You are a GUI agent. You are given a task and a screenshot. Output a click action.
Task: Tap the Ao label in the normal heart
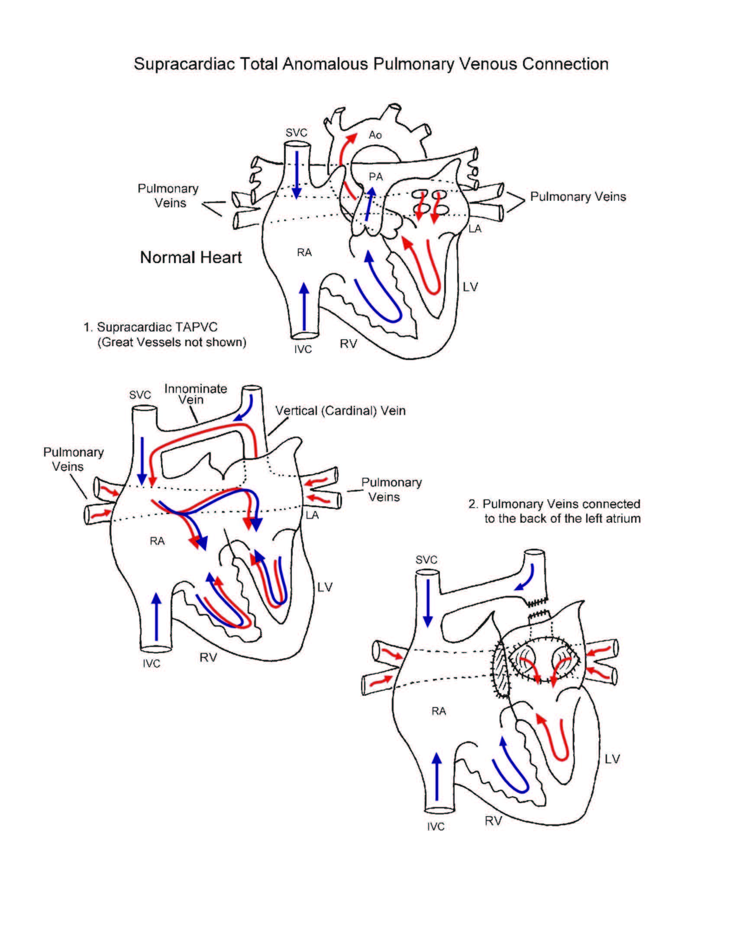pyautogui.click(x=375, y=135)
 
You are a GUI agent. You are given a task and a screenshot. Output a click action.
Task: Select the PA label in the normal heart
pyautogui.click(x=375, y=177)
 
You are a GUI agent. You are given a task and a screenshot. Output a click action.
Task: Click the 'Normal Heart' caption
pyautogui.click(x=190, y=257)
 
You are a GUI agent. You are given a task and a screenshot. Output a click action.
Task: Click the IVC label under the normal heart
pyautogui.click(x=303, y=349)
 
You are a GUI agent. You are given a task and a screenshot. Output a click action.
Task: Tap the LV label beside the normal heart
pyautogui.click(x=470, y=287)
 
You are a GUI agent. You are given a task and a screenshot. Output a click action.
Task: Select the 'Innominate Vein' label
pyautogui.click(x=195, y=394)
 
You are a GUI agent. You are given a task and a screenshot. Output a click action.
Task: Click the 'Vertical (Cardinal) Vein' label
pyautogui.click(x=340, y=411)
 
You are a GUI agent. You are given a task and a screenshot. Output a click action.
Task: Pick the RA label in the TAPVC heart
pyautogui.click(x=157, y=541)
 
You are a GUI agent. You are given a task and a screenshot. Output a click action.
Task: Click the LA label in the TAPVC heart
pyautogui.click(x=312, y=515)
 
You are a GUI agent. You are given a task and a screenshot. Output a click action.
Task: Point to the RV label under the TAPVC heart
pyautogui.click(x=208, y=657)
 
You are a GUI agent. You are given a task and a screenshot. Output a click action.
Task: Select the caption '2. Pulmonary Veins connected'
pyautogui.click(x=554, y=504)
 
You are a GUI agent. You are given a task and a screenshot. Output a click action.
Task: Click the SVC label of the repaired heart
pyautogui.click(x=426, y=560)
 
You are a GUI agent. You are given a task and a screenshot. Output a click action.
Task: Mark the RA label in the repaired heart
pyautogui.click(x=439, y=711)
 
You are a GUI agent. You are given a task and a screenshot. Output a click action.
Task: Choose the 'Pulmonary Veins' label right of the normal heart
pyautogui.click(x=578, y=196)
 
